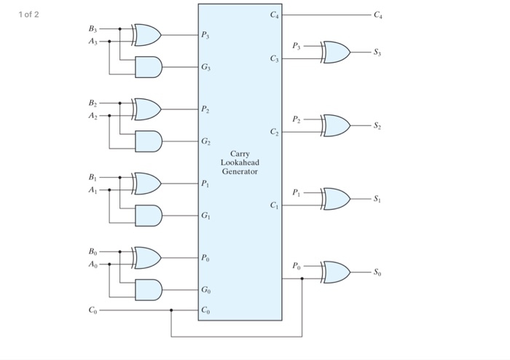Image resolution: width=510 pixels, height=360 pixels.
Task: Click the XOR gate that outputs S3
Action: (336, 52)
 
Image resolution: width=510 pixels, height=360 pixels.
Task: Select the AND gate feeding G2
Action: (149, 141)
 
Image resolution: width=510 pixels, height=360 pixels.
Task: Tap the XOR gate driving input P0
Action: (146, 258)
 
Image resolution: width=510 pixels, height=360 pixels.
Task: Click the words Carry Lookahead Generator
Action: (240, 163)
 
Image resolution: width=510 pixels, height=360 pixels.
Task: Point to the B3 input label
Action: (93, 29)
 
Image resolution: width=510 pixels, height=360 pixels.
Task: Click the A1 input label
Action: (93, 190)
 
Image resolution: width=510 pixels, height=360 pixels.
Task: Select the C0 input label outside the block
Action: (93, 310)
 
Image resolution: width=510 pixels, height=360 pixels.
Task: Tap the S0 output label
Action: (377, 273)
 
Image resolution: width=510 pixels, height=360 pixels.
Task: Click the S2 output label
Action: (377, 125)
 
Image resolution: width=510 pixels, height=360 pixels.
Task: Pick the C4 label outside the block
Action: (378, 15)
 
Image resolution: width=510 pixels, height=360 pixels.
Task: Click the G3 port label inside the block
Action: (205, 67)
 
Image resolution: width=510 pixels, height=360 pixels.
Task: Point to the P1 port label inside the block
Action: (205, 184)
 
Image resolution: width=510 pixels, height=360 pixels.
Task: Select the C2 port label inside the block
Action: (274, 132)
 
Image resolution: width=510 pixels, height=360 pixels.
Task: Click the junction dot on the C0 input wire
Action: (171, 310)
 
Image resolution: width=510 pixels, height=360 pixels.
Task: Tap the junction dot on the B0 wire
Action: (120, 251)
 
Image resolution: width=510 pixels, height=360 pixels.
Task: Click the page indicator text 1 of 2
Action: (28, 15)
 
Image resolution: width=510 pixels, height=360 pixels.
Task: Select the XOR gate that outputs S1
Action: (336, 199)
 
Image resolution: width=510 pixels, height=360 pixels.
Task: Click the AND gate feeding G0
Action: (149, 290)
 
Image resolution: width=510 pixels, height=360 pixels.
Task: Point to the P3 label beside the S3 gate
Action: (297, 46)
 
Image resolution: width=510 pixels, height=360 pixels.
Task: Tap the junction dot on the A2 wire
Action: (109, 116)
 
